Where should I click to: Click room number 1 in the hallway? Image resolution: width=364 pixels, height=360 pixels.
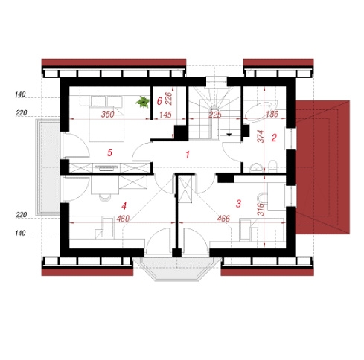point(188,155)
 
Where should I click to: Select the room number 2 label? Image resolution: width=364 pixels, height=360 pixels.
point(274,138)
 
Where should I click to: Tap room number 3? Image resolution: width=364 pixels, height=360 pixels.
point(238,204)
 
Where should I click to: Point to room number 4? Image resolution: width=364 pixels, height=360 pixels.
point(124,206)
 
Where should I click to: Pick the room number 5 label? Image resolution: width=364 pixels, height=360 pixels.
point(109,152)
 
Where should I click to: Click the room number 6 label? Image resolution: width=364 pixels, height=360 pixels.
point(159,101)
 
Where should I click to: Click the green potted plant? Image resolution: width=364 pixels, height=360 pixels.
point(143,102)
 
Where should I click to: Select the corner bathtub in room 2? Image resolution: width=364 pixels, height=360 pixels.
point(261,112)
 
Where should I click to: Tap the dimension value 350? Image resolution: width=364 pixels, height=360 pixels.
point(108,114)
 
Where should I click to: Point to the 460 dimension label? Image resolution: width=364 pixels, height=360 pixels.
point(123,219)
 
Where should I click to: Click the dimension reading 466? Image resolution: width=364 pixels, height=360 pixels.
point(223,219)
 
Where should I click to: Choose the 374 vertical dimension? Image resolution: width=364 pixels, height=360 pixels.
point(261,136)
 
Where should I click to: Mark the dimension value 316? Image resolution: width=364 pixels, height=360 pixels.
point(261,209)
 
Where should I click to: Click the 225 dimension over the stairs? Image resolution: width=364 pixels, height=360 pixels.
point(215,115)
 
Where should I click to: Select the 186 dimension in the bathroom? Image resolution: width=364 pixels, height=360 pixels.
point(272,114)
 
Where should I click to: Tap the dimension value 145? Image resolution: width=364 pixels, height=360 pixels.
point(165,115)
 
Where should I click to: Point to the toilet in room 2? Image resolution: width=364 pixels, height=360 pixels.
point(272,166)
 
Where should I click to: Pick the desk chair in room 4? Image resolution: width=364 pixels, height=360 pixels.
point(105,197)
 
